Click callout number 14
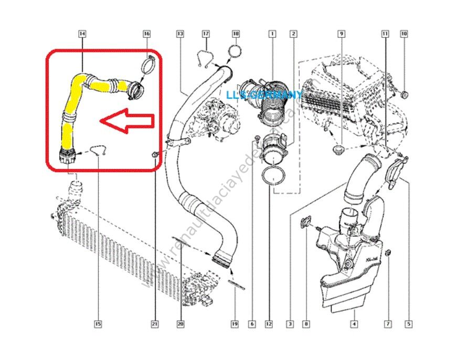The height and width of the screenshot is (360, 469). (x=82, y=34)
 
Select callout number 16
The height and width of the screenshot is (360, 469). (x=146, y=34)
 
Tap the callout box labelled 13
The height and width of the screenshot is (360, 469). (x=180, y=34)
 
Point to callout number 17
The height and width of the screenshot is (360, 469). (x=206, y=34)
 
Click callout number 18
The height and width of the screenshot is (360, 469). (x=236, y=34)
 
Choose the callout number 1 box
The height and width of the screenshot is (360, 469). (x=272, y=34)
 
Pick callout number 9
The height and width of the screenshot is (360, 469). (x=341, y=34)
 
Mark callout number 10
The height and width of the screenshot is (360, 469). (x=403, y=34)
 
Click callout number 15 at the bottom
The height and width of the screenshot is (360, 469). (x=98, y=324)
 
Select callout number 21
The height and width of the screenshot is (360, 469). (x=155, y=324)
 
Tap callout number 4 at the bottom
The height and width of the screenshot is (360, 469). (x=354, y=324)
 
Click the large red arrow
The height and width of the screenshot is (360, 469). (x=127, y=121)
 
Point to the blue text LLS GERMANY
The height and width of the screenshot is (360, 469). (x=264, y=95)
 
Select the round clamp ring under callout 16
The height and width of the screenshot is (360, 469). (x=147, y=67)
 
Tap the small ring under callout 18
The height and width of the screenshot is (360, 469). (x=235, y=52)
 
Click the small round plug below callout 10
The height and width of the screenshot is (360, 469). (x=405, y=95)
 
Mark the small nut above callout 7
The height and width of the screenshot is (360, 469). (x=389, y=254)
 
